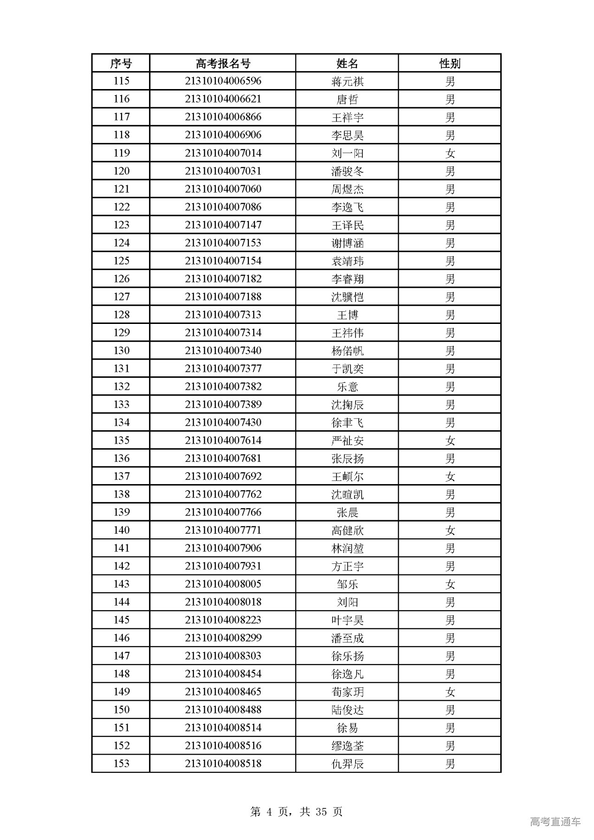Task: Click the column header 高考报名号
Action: (x=223, y=63)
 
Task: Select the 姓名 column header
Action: (x=347, y=63)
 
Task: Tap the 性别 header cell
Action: (x=450, y=63)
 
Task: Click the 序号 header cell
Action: (x=121, y=63)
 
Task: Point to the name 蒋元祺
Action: (x=347, y=81)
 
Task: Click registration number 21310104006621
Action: (x=223, y=99)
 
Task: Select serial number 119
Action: (x=121, y=153)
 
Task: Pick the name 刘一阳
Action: (x=347, y=153)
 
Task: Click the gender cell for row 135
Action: (x=450, y=440)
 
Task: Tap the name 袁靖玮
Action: (x=347, y=261)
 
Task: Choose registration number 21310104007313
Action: (x=223, y=315)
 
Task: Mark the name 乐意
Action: (x=347, y=387)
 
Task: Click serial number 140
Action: (x=121, y=530)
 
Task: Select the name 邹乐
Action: (x=347, y=584)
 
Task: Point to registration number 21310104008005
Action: (x=223, y=584)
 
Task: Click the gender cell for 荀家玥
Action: (x=450, y=691)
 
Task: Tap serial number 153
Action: (x=121, y=763)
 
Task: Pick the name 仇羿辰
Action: (x=347, y=763)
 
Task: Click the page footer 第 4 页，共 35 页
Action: (x=297, y=811)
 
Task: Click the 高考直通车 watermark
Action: (x=555, y=821)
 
